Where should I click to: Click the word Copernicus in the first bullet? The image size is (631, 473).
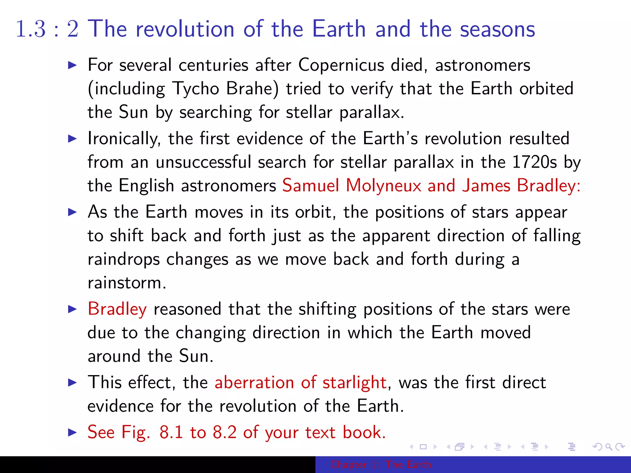tap(341, 65)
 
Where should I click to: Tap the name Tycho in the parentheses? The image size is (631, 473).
tap(196, 89)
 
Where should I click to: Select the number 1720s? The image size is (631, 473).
tap(534, 162)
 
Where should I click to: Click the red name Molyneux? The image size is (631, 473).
tap(383, 186)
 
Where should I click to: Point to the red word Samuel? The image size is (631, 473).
tap(311, 186)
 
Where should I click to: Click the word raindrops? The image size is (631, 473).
tap(124, 259)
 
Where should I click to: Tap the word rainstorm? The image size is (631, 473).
tap(127, 283)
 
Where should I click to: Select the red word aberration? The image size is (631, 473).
tap(254, 383)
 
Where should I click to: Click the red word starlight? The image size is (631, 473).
tap(354, 383)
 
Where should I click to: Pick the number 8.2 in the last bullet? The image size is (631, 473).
tap(225, 432)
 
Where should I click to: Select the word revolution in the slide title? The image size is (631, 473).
tap(185, 29)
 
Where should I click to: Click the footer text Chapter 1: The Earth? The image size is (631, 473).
tap(381, 464)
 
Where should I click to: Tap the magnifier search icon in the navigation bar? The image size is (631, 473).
tap(609, 447)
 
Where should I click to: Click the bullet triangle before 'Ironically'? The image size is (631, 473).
tap(72, 139)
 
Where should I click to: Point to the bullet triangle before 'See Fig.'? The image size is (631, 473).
tap(72, 432)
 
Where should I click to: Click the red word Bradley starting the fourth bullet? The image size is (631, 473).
tap(117, 309)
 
